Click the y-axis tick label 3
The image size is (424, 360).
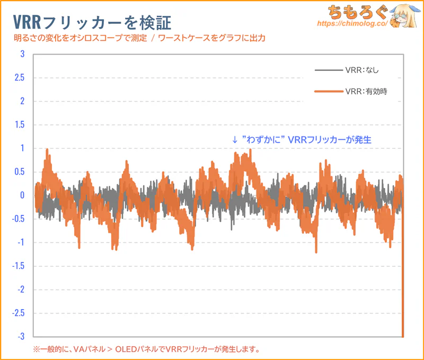tap(22, 54)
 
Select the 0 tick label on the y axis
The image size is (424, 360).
tap(22, 195)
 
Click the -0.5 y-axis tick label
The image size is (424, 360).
tap(19, 219)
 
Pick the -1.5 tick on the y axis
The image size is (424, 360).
tap(19, 266)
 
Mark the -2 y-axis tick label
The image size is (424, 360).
tap(21, 290)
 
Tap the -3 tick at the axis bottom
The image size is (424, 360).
tap(21, 336)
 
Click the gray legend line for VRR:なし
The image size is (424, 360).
tap(328, 70)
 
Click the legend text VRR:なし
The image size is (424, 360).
tap(362, 70)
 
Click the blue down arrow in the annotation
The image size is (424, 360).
tap(234, 140)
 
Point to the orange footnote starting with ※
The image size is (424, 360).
tap(146, 349)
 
